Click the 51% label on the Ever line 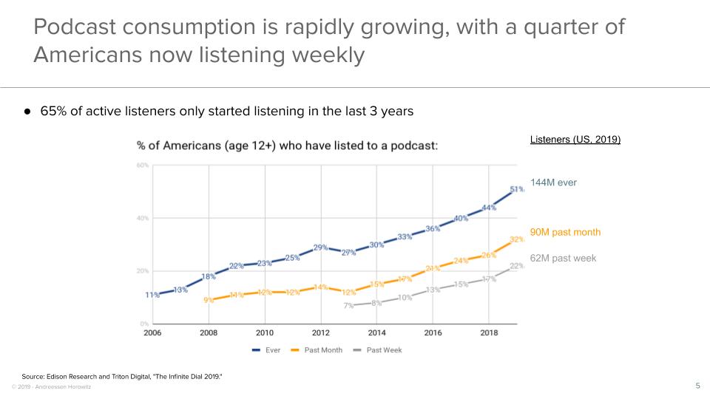(x=517, y=189)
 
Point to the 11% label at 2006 (x=152, y=295)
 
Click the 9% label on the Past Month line (x=209, y=300)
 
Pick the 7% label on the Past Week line (x=348, y=305)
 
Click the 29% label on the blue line (x=320, y=248)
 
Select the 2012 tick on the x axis (x=320, y=333)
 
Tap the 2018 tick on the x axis (x=489, y=333)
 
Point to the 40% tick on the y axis (x=143, y=218)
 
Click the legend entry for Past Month (x=318, y=349)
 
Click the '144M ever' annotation (x=553, y=183)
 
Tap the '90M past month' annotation (x=565, y=232)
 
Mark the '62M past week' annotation (x=563, y=259)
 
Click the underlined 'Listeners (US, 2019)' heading (x=575, y=140)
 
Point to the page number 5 (x=697, y=385)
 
